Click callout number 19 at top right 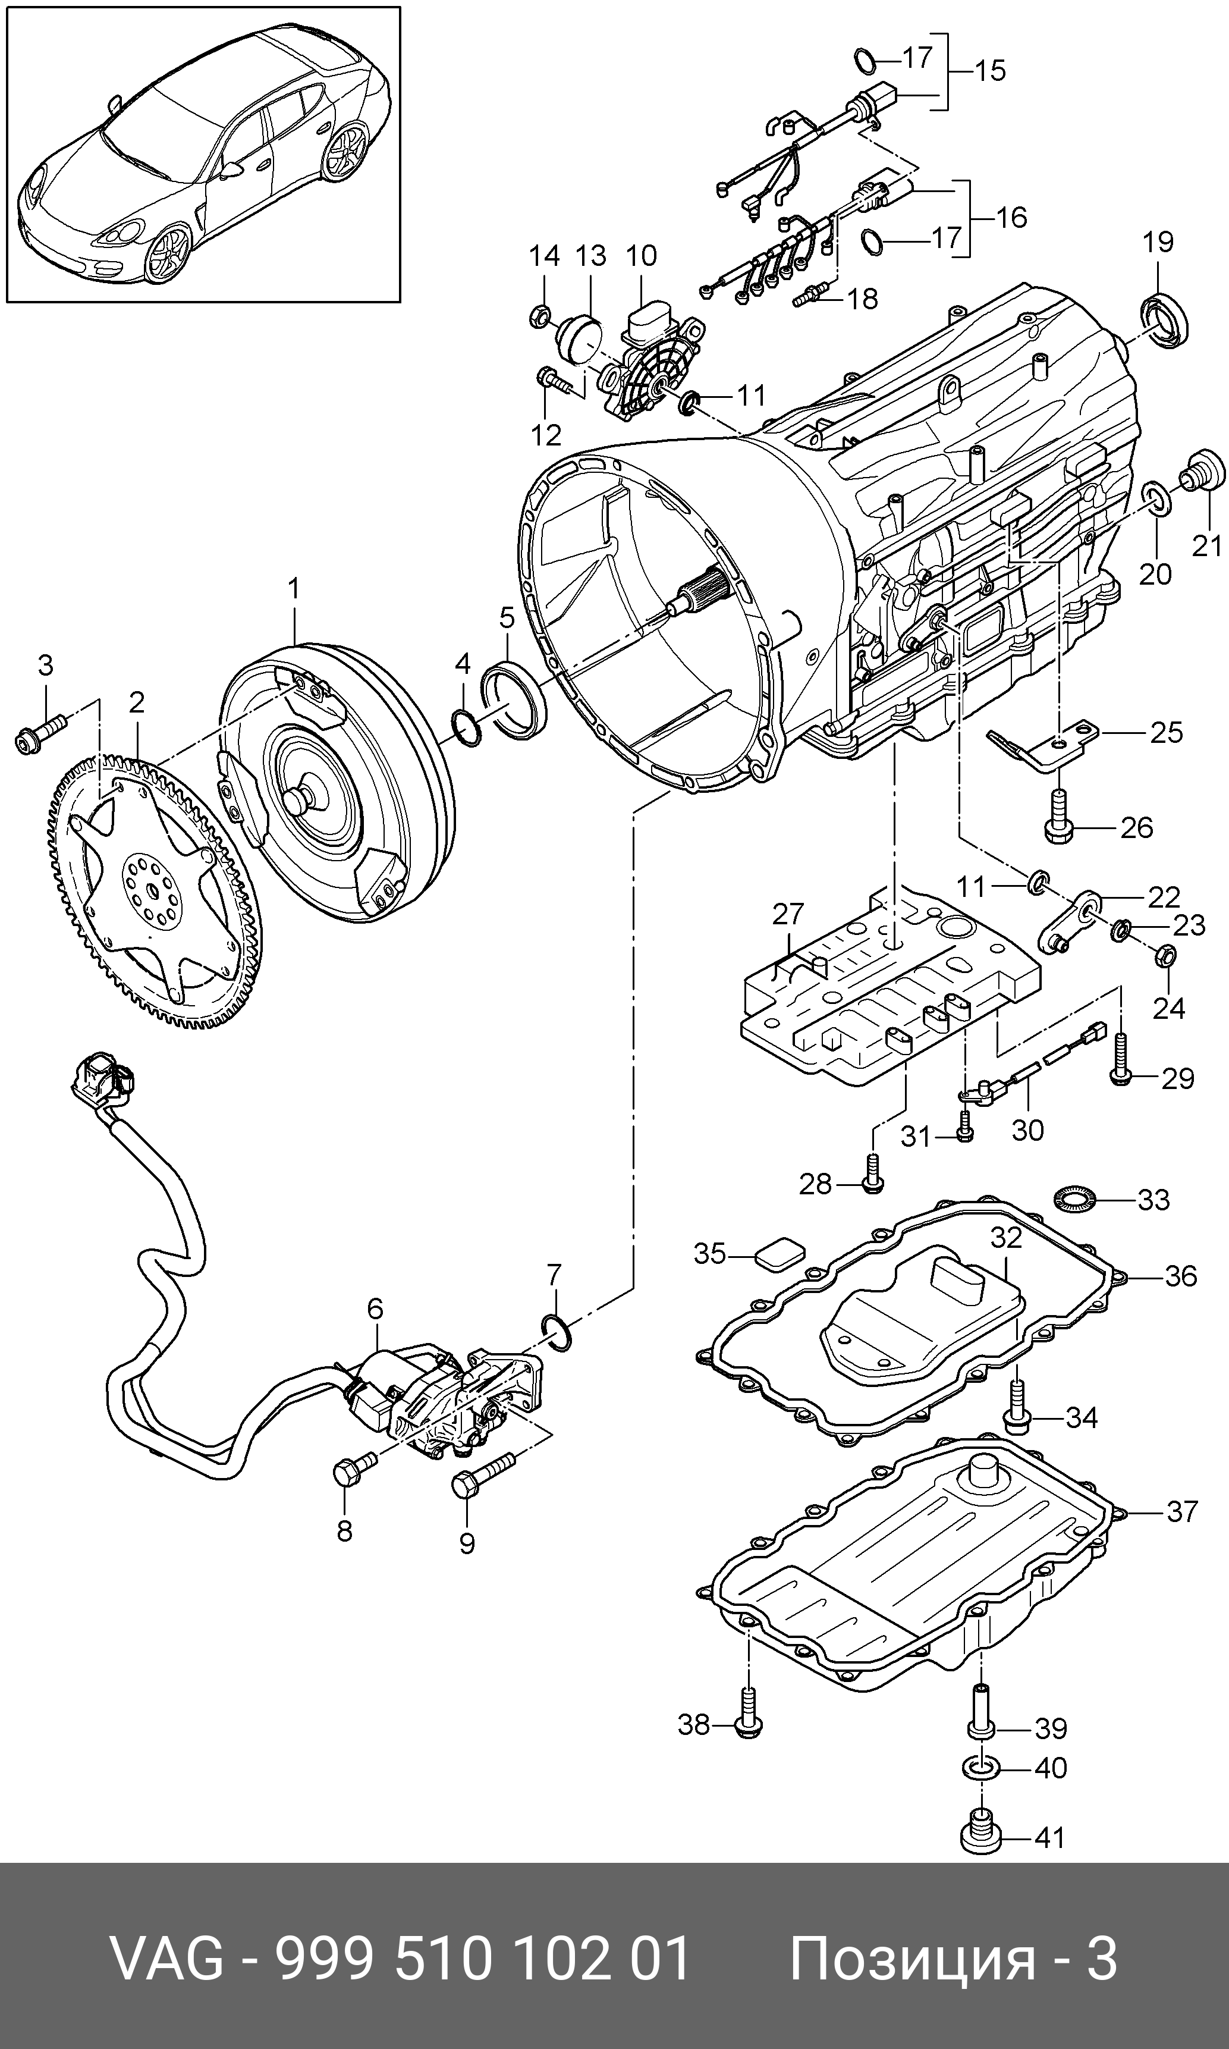(1157, 243)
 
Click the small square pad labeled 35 (778, 1255)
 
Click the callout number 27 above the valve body (788, 914)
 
